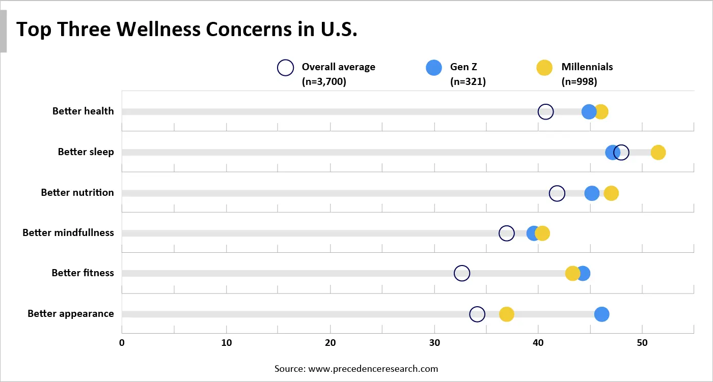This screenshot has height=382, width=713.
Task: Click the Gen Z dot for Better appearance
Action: tap(601, 314)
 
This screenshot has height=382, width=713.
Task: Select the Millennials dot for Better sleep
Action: tap(658, 153)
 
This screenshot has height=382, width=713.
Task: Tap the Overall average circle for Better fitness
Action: tap(461, 274)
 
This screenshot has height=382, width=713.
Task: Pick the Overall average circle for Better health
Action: tap(545, 112)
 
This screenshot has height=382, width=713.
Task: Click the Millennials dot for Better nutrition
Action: tap(611, 193)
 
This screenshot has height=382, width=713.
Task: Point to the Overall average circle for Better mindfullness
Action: tap(507, 233)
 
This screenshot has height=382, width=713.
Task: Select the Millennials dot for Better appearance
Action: tap(506, 314)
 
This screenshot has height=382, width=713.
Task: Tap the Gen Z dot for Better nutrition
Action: tap(592, 193)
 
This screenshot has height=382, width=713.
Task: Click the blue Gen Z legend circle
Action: tap(434, 68)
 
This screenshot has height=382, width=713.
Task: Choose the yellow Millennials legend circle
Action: tap(544, 68)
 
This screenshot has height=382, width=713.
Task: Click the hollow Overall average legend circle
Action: tap(285, 68)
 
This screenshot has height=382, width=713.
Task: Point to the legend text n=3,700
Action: tap(324, 81)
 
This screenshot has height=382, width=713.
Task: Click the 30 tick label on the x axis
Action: tap(434, 343)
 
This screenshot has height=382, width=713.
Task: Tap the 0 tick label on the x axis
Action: tap(122, 343)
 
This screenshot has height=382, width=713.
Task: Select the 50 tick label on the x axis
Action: tap(642, 343)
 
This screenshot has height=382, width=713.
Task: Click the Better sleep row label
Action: tap(86, 152)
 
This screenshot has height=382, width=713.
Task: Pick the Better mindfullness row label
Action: tap(68, 233)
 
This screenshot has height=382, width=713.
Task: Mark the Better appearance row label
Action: tap(71, 314)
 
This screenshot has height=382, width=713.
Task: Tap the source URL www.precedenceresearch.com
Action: tap(373, 369)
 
